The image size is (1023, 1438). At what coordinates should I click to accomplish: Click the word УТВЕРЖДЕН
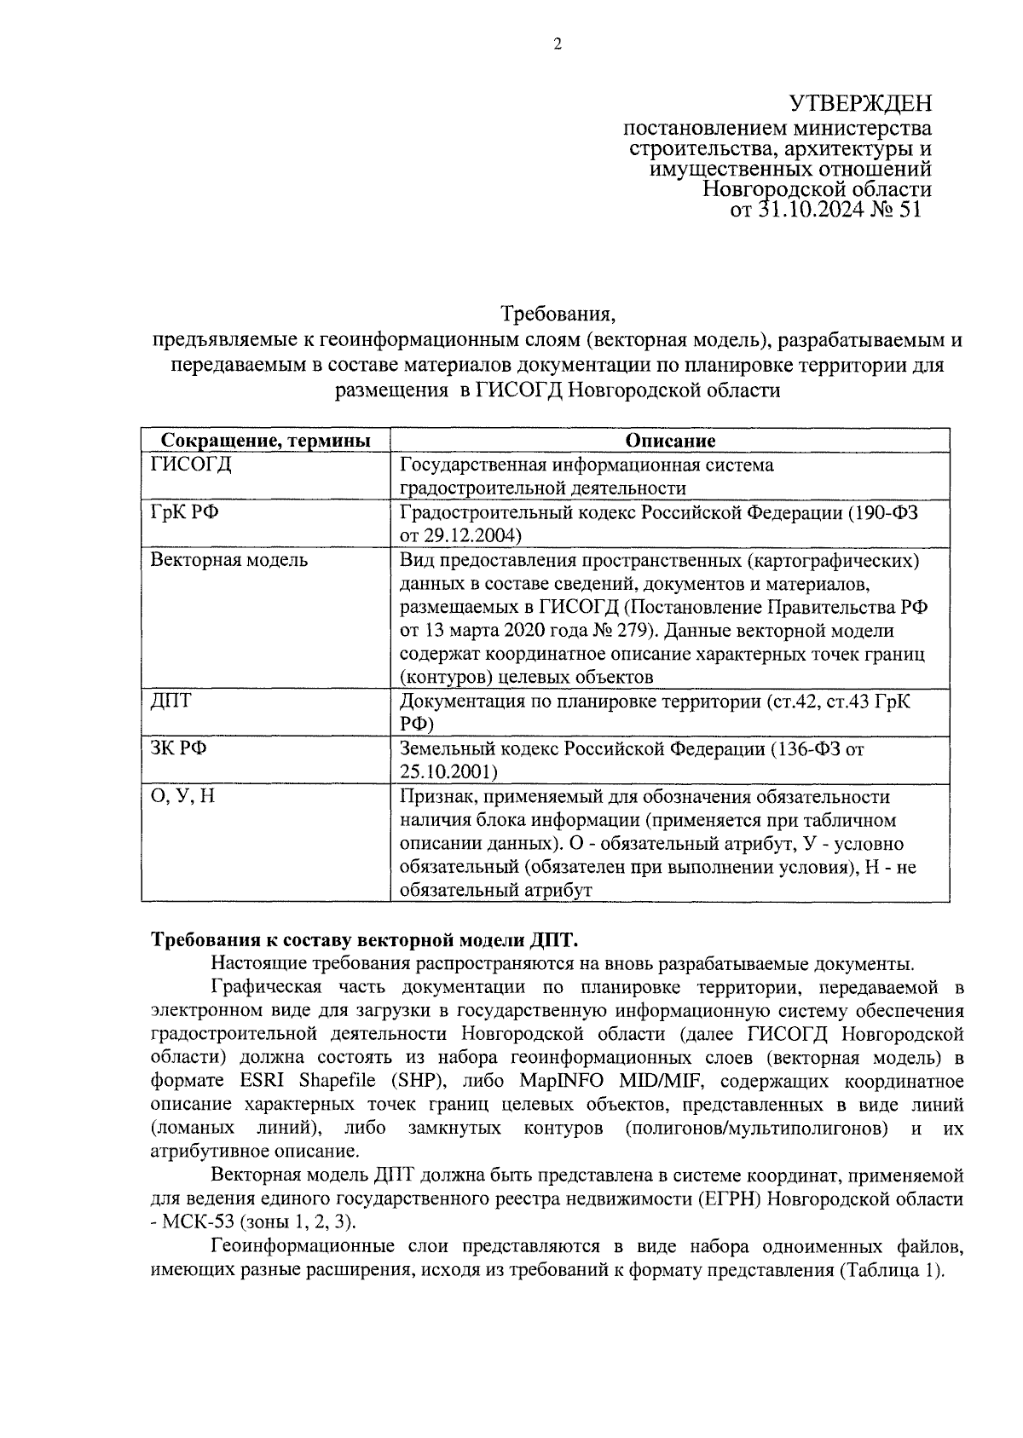click(x=860, y=104)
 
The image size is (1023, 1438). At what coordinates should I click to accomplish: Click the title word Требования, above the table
click(x=557, y=314)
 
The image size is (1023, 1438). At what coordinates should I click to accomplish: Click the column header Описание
click(x=669, y=441)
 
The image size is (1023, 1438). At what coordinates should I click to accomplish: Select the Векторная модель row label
click(x=229, y=560)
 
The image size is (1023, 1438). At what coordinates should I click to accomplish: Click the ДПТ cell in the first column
click(x=171, y=701)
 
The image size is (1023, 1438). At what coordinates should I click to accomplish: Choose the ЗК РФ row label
click(x=179, y=748)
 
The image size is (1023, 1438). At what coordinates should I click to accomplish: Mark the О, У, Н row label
click(x=182, y=796)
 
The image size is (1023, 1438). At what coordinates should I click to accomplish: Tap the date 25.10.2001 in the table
click(x=448, y=771)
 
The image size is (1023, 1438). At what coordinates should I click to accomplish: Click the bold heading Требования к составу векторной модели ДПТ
click(x=365, y=940)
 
